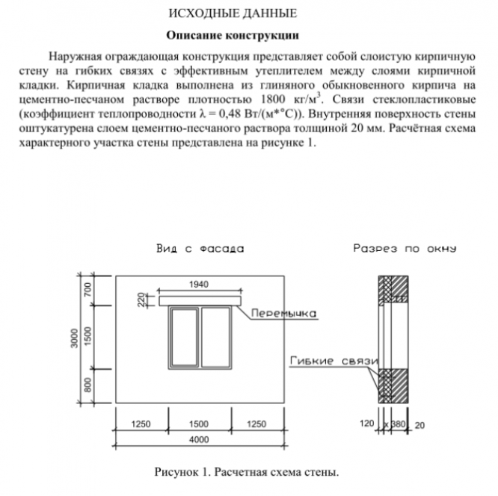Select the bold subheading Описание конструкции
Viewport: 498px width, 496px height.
pyautogui.click(x=233, y=35)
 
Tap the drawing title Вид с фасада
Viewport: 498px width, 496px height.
pyautogui.click(x=200, y=249)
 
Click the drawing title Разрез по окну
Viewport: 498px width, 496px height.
pyautogui.click(x=405, y=249)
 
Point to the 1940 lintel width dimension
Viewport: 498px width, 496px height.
pyautogui.click(x=200, y=285)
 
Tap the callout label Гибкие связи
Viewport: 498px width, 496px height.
pyautogui.click(x=332, y=362)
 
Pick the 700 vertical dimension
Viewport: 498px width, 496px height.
pyautogui.click(x=87, y=290)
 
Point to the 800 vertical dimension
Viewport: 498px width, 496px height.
pyautogui.click(x=87, y=385)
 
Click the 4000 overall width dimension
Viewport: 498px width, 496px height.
pyautogui.click(x=199, y=440)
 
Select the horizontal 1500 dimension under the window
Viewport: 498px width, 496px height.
pyautogui.click(x=199, y=424)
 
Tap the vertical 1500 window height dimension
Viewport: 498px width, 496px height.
pyautogui.click(x=87, y=336)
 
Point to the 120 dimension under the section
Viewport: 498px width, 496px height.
pyautogui.click(x=366, y=424)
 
